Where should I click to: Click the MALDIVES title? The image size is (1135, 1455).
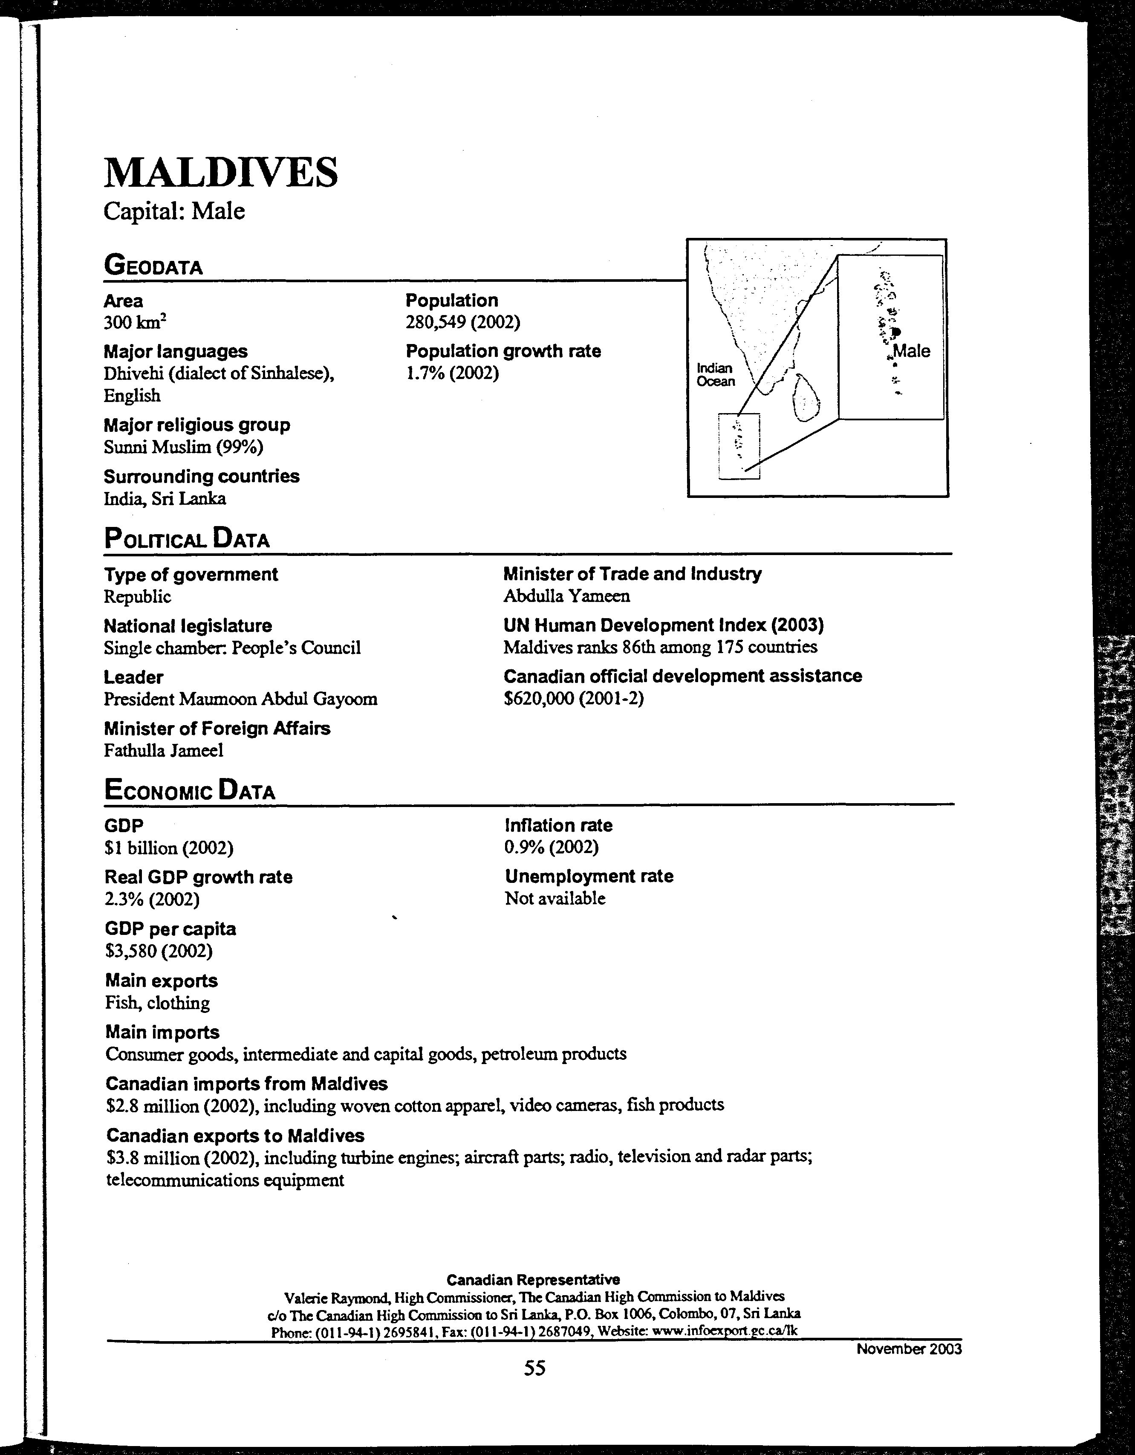[220, 173]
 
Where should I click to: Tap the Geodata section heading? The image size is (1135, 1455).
[153, 266]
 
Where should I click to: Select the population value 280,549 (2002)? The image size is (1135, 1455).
[462, 322]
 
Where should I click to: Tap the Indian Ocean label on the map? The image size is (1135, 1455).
[715, 375]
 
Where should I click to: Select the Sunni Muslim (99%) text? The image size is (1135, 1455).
[183, 447]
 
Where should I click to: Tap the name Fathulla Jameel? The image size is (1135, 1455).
[163, 751]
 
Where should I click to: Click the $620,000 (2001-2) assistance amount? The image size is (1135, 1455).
[574, 699]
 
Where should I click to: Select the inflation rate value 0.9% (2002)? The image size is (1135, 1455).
[552, 848]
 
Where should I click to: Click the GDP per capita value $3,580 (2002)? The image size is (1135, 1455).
[159, 951]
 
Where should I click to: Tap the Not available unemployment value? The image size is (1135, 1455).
[555, 899]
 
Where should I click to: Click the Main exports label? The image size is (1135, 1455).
[161, 981]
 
